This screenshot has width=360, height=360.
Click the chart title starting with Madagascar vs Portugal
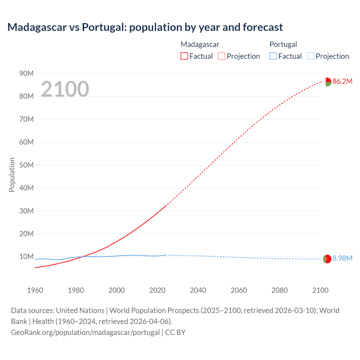(145, 27)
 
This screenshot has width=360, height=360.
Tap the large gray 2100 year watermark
(65, 89)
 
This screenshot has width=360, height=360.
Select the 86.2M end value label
(342, 82)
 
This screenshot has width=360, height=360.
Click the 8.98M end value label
(342, 258)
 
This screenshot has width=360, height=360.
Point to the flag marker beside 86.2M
(327, 82)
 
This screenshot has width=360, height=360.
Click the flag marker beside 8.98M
(327, 259)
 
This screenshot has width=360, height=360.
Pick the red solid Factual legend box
(184, 56)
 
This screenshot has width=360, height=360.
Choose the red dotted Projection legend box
(222, 56)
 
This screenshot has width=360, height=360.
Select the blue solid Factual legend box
(273, 56)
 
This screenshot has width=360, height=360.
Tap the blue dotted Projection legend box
(311, 56)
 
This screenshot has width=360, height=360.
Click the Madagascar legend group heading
(200, 44)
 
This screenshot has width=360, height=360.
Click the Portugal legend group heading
(283, 44)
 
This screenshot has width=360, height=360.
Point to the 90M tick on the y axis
(26, 73)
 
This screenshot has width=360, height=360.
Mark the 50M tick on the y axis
(26, 165)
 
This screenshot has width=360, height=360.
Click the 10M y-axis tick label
(26, 256)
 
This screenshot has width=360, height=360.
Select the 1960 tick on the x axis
(35, 290)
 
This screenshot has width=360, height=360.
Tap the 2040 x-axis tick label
(198, 290)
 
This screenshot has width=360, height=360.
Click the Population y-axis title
(12, 175)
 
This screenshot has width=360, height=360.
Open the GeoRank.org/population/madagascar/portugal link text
(85, 332)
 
